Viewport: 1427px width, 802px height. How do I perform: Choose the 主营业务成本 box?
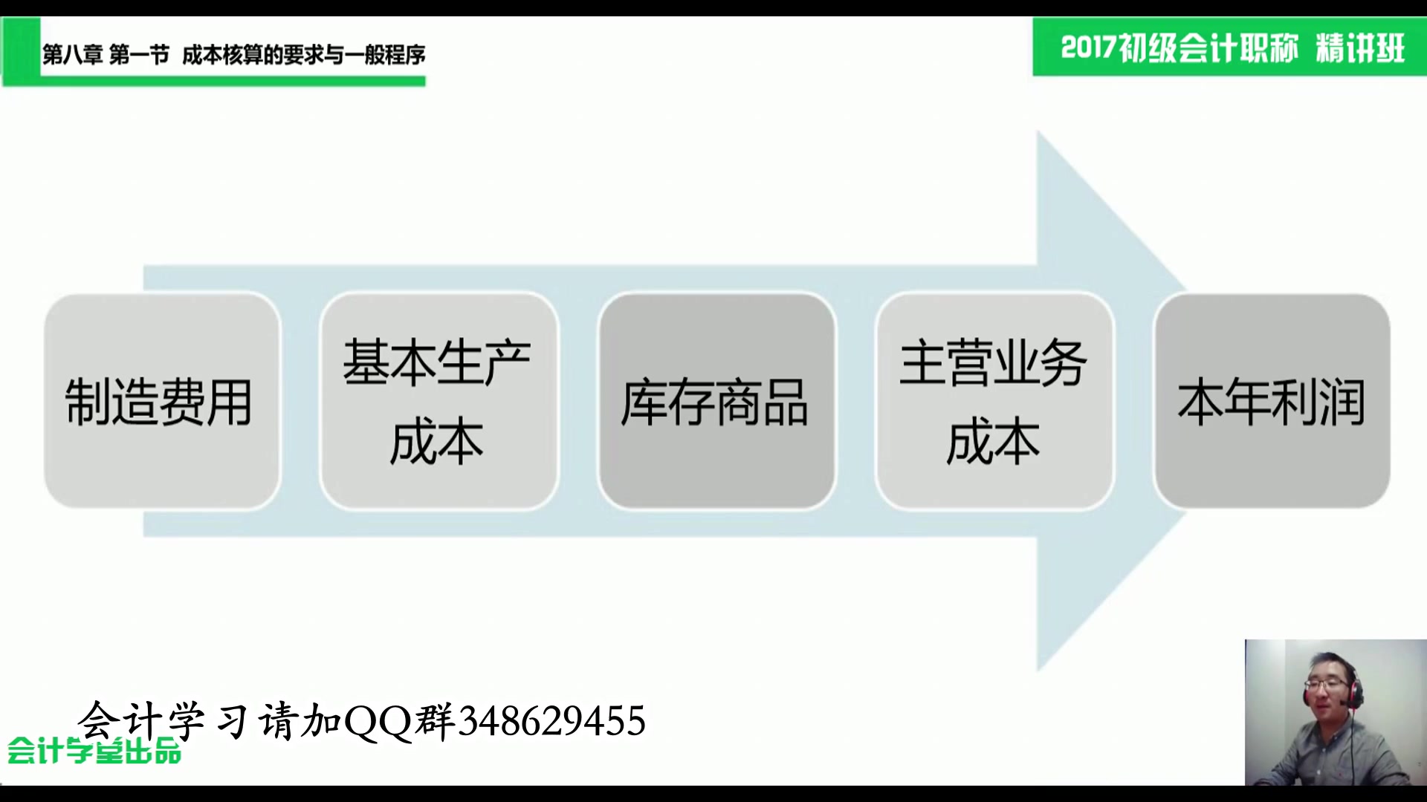[994, 401]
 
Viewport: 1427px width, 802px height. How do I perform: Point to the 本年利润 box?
[1272, 401]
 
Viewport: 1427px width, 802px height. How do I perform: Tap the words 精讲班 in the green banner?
[1360, 48]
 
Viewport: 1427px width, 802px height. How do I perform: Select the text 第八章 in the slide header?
[72, 55]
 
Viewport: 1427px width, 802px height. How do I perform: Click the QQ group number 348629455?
[551, 721]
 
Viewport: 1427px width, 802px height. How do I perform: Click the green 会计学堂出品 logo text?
[94, 752]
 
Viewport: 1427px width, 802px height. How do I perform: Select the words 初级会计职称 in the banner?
[1208, 48]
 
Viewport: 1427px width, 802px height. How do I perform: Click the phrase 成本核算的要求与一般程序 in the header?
[303, 55]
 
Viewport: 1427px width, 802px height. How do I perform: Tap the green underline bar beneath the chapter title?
[223, 81]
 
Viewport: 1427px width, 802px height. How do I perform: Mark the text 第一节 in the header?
[139, 55]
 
